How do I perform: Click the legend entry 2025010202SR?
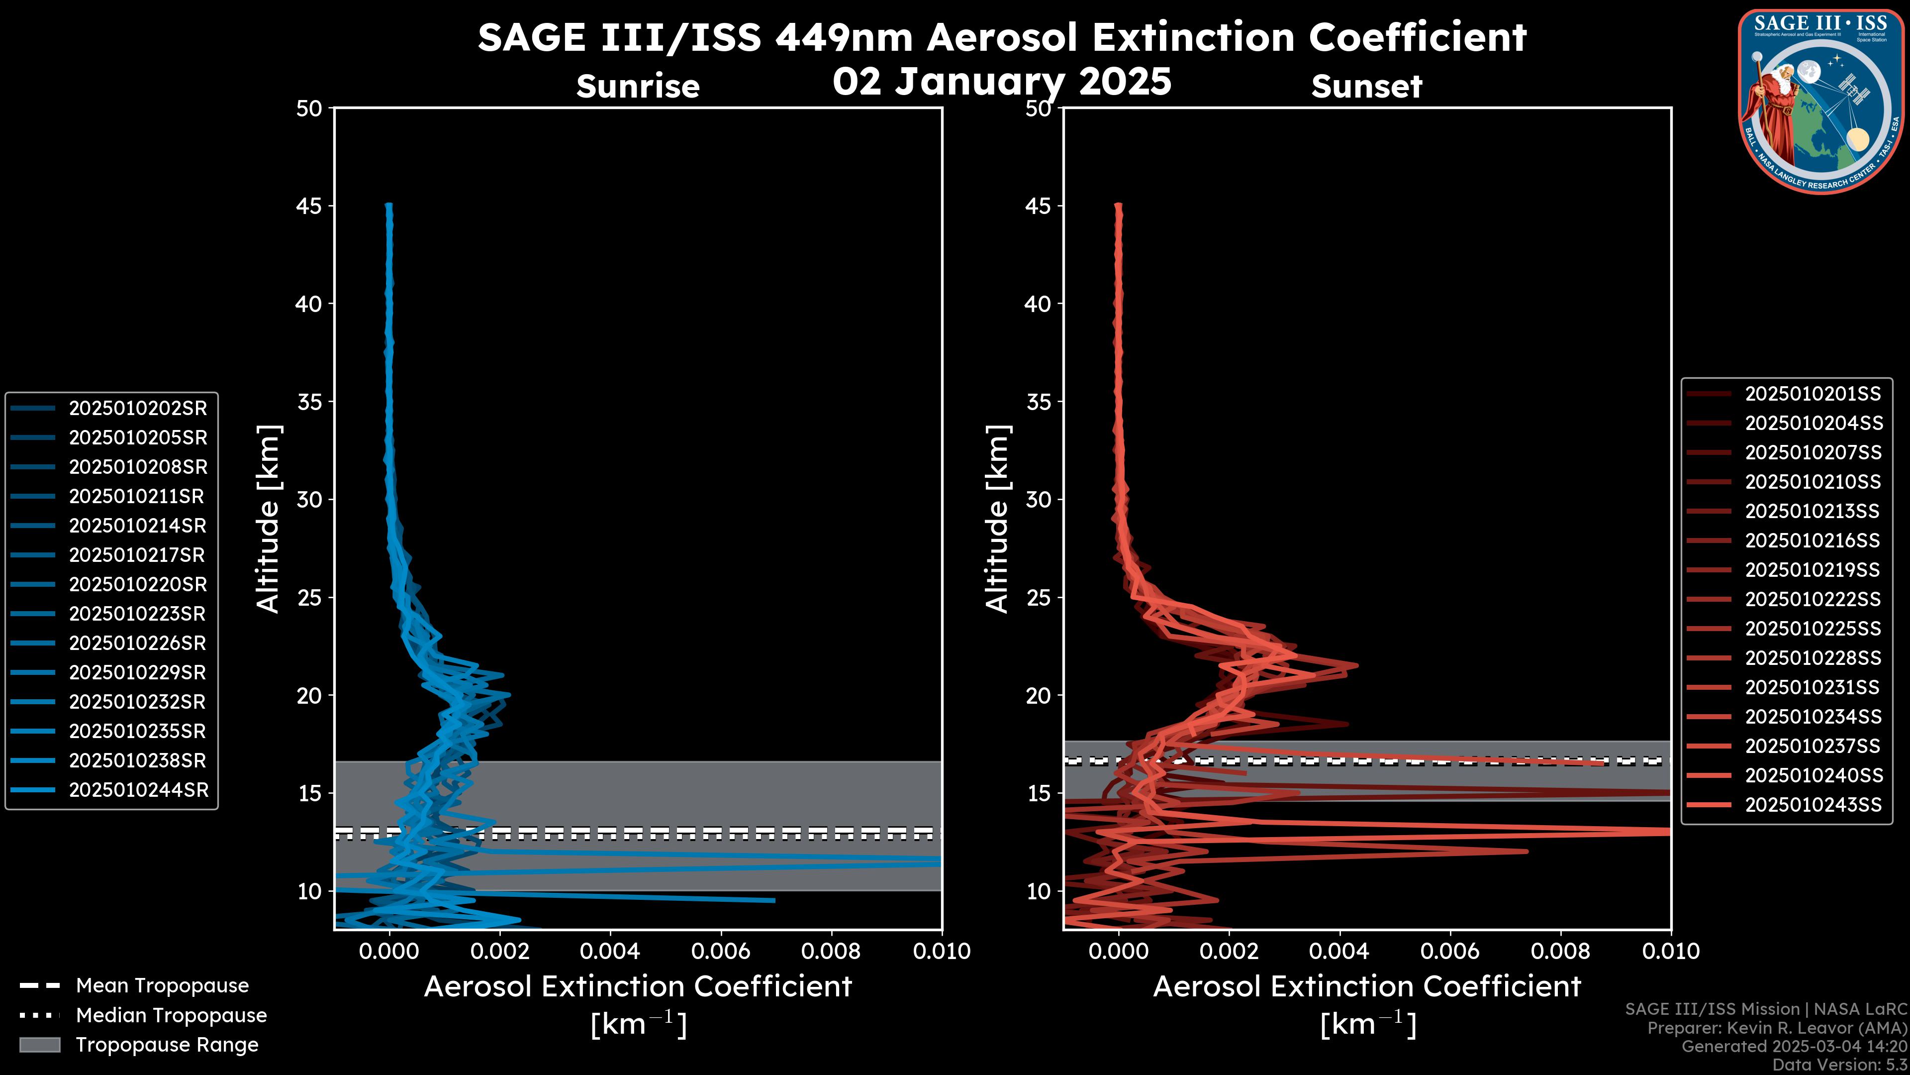point(138,408)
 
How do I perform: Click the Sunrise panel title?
point(638,87)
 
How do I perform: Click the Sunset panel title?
point(1366,87)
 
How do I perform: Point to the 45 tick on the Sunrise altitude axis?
point(310,206)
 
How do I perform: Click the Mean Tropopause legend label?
point(162,986)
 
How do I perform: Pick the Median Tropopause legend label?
point(171,1016)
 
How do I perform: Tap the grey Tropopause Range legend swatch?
point(40,1045)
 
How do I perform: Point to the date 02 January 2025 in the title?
point(1002,82)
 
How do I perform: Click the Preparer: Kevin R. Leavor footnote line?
point(1777,1028)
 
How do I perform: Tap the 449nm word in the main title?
point(844,37)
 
